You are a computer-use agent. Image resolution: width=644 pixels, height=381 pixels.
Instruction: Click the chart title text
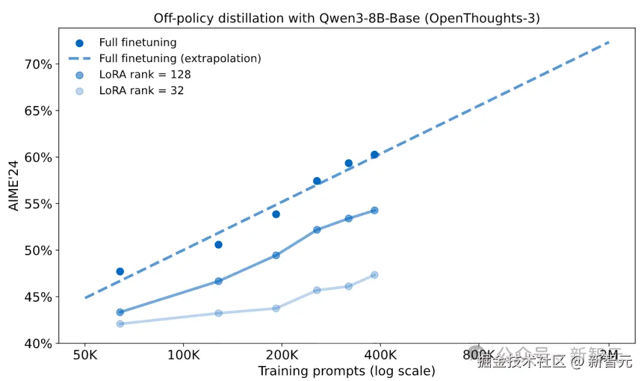tap(346, 18)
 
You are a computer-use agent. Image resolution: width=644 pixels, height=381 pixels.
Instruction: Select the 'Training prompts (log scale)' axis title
tap(346, 371)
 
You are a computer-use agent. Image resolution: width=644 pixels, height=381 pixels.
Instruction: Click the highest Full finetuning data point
tap(374, 155)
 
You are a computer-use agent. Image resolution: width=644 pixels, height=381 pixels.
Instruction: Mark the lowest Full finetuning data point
tap(120, 271)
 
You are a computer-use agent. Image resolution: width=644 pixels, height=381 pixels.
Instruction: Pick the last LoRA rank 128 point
tap(374, 210)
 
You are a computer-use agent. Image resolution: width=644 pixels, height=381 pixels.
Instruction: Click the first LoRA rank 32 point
tap(120, 324)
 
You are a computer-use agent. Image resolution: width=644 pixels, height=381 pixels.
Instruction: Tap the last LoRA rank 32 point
tap(374, 275)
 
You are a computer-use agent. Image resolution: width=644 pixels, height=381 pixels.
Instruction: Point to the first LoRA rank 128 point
tap(120, 312)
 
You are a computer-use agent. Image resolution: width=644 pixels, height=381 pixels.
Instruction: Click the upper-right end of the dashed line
tap(608, 42)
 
